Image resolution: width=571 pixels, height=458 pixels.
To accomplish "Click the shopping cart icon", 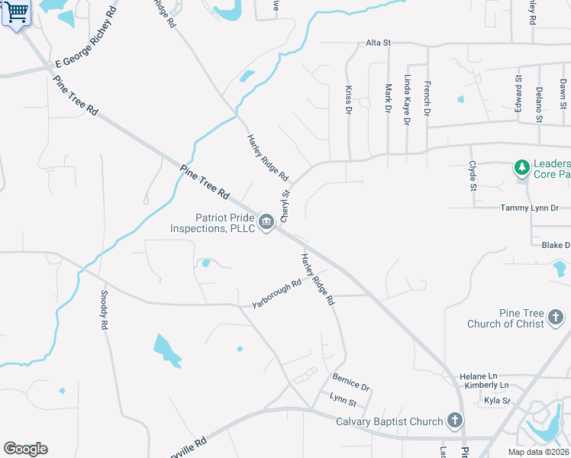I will click(x=16, y=13).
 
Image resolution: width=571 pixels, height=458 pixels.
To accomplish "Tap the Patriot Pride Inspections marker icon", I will click(x=266, y=222).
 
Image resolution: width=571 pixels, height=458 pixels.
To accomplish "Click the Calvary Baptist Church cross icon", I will click(x=455, y=420).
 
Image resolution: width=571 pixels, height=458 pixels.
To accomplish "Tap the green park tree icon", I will click(x=522, y=167).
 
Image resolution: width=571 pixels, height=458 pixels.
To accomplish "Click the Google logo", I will click(x=25, y=449).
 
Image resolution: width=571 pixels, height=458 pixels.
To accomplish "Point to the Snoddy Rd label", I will click(x=104, y=310).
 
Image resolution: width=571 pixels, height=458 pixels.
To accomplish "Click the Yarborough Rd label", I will click(x=277, y=294).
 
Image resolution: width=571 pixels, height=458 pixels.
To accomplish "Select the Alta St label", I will click(x=378, y=43).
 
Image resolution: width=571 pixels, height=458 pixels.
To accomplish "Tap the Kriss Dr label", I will click(x=348, y=100).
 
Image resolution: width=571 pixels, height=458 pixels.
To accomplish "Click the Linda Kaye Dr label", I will click(x=408, y=100).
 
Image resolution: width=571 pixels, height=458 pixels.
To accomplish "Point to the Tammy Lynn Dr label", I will click(x=530, y=208).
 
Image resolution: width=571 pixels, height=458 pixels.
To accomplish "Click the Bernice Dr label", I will click(x=350, y=382).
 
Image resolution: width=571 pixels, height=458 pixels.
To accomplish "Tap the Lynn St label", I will click(x=343, y=399).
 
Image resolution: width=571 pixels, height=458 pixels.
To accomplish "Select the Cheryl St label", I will click(x=285, y=204).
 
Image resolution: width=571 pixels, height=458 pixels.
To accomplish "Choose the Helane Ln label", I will click(x=479, y=376).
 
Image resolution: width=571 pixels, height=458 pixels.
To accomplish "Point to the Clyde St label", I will click(x=473, y=176).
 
